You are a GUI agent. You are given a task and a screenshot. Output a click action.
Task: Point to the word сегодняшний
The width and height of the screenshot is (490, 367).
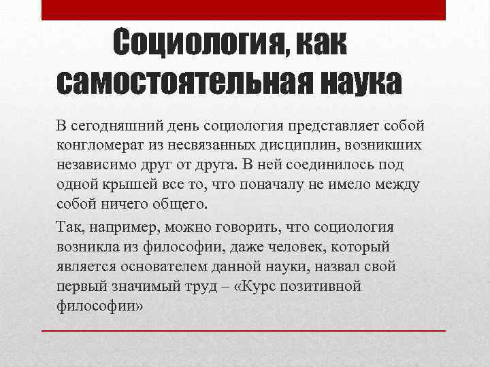click(117, 126)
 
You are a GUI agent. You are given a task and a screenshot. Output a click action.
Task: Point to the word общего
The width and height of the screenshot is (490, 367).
click(180, 204)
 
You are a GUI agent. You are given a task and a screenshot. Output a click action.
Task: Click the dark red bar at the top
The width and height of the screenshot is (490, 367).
click(243, 10)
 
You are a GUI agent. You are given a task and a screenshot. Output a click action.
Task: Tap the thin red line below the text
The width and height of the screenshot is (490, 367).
click(243, 330)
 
